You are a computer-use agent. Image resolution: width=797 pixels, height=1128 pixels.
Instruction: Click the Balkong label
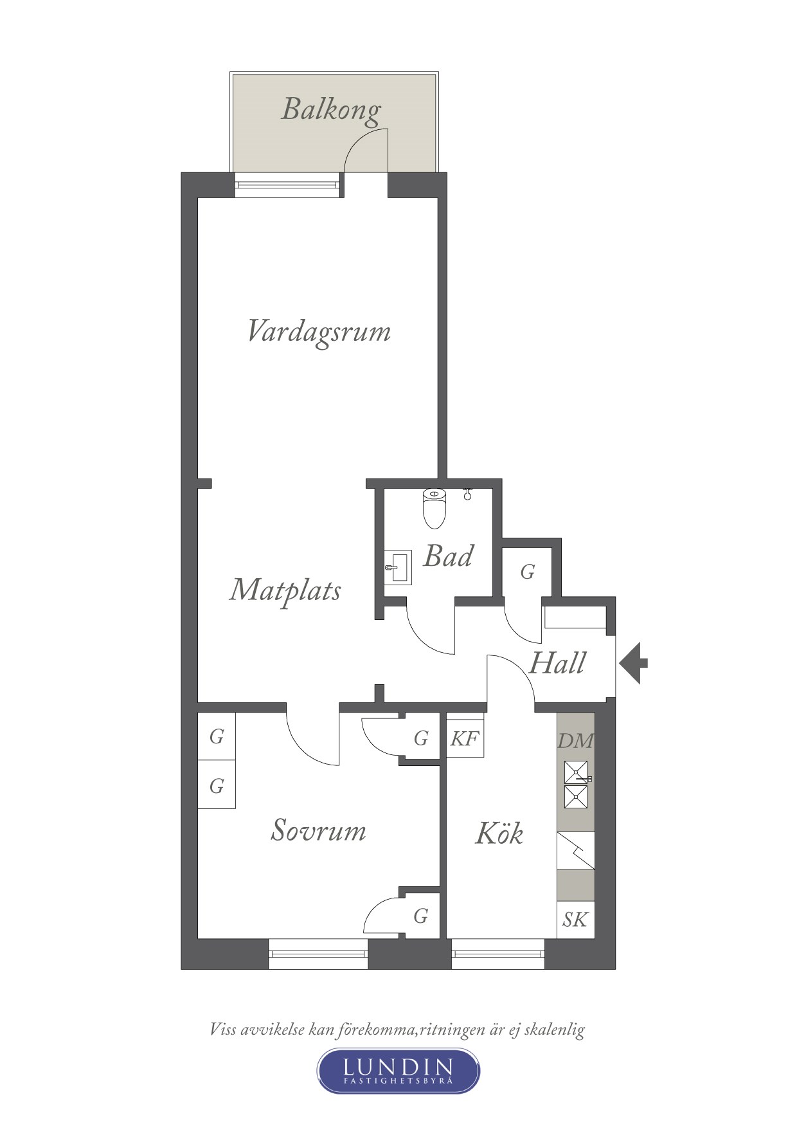click(x=331, y=109)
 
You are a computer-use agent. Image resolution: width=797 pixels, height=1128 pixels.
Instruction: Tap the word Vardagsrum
click(x=319, y=332)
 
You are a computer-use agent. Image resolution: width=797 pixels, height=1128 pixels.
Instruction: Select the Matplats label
click(x=285, y=590)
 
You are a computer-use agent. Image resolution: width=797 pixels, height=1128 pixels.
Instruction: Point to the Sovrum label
click(x=319, y=830)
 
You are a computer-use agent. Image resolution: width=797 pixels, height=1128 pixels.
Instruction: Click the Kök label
click(x=499, y=833)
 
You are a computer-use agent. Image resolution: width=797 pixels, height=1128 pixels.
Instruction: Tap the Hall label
click(x=557, y=663)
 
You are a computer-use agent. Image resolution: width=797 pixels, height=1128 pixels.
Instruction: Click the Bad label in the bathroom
click(x=448, y=556)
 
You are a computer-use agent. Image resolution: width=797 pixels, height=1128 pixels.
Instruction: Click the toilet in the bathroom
click(x=435, y=508)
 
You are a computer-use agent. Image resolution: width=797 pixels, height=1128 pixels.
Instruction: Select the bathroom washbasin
click(x=398, y=567)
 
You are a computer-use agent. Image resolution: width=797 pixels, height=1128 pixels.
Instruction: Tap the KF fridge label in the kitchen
click(x=465, y=738)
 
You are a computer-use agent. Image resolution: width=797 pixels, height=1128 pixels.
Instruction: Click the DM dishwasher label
click(x=575, y=741)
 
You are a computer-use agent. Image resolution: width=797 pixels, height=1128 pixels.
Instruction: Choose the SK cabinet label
click(x=575, y=920)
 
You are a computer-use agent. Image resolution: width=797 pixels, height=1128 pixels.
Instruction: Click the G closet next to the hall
click(x=528, y=572)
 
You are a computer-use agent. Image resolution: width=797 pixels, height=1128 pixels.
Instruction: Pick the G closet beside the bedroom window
click(x=421, y=915)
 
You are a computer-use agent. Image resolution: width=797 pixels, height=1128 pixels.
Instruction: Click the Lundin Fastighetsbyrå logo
click(x=398, y=1070)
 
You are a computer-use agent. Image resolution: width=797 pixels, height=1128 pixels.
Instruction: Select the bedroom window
click(x=318, y=954)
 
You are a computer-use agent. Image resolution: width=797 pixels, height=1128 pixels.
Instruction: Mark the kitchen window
click(x=498, y=954)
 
